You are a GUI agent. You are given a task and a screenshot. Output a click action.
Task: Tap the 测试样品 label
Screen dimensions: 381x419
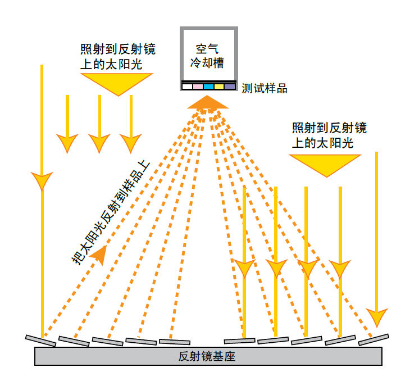(265, 89)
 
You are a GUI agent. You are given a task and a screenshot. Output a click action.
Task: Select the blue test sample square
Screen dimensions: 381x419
(208, 87)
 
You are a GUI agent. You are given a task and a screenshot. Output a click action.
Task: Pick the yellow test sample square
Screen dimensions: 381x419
(218, 87)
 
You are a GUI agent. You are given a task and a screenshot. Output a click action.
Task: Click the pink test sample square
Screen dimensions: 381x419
(197, 87)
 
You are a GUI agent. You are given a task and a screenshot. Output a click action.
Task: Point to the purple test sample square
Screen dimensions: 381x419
(229, 87)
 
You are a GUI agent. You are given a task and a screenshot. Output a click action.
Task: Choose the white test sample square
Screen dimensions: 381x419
(186, 87)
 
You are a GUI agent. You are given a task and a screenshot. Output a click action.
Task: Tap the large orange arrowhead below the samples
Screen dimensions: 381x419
(208, 102)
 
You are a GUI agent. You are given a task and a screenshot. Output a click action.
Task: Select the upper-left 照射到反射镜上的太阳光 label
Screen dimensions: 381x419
(116, 56)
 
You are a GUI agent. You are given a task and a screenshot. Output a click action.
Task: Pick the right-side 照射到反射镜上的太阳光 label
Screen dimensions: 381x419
(329, 135)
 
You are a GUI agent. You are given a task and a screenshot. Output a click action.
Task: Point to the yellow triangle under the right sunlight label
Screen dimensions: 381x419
(325, 164)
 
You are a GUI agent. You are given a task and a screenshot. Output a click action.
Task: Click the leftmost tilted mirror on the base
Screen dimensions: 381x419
(40, 340)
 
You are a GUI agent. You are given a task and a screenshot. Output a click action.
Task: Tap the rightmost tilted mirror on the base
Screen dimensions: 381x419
(374, 339)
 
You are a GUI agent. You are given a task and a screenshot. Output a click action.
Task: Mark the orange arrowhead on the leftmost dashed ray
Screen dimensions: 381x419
(98, 254)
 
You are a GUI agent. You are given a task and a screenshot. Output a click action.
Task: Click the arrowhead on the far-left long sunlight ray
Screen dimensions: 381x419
(42, 181)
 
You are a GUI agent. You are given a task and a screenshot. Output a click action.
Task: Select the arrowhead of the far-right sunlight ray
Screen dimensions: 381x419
(376, 317)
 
